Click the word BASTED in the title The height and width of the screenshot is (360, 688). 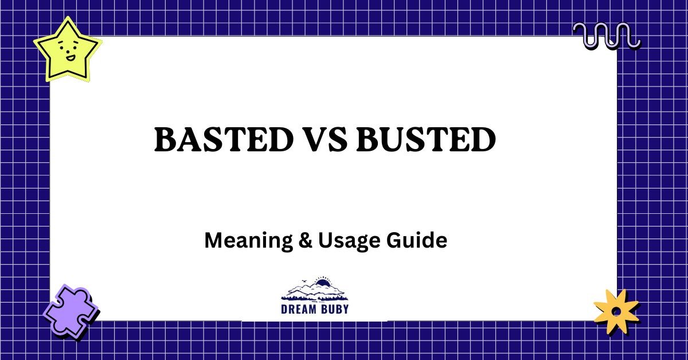tap(221, 139)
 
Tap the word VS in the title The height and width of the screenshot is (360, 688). tap(322, 139)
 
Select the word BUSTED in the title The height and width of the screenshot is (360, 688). tap(425, 139)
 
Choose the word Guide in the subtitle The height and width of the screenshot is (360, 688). tap(419, 240)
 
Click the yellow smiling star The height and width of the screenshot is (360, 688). tap(67, 49)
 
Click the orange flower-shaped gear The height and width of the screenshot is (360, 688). tap(616, 311)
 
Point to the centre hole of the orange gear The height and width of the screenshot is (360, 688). tap(616, 311)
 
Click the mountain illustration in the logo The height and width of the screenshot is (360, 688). tap(314, 290)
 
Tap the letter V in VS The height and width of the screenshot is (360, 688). tap(311, 139)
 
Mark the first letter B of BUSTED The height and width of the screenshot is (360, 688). tap(369, 139)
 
